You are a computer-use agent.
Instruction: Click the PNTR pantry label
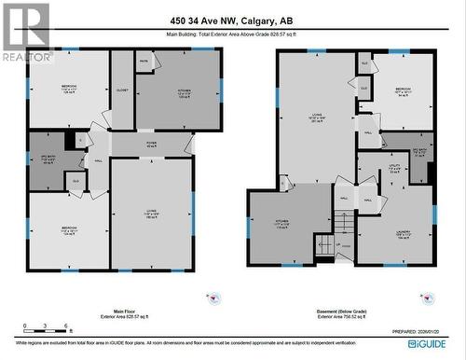pyautogui.click(x=144, y=62)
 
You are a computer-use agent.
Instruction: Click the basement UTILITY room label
pyautogui.click(x=370, y=169)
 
